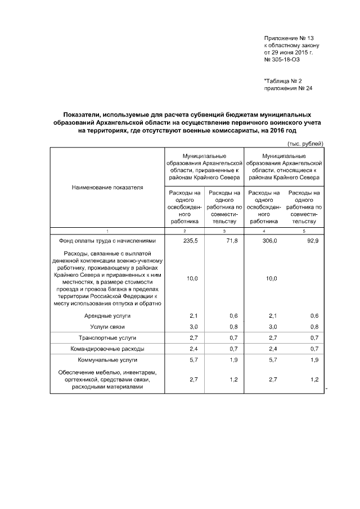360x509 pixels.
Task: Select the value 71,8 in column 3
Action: (x=232, y=241)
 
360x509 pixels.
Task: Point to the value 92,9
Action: (x=312, y=241)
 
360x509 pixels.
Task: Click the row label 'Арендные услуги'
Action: (x=107, y=316)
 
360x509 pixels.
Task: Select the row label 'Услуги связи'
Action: (x=107, y=327)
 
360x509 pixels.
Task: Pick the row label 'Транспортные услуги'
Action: (x=107, y=337)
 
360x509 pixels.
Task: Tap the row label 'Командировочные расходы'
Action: (x=107, y=349)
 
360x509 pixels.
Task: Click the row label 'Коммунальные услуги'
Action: (x=107, y=359)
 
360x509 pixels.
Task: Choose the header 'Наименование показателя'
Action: (x=107, y=187)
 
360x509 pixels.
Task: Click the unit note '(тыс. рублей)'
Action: (x=305, y=143)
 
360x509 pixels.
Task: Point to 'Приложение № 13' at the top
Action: (x=288, y=38)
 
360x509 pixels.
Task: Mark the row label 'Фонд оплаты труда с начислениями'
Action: (x=107, y=241)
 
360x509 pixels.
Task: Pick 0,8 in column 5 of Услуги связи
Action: (x=314, y=327)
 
